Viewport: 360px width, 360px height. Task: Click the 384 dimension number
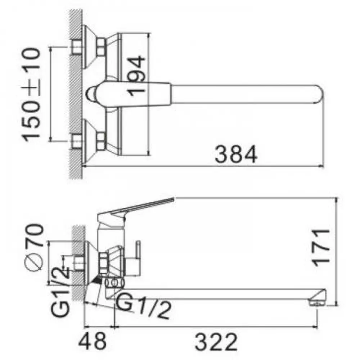236,154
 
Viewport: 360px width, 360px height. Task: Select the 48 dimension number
92,342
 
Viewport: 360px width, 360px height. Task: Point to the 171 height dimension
321,248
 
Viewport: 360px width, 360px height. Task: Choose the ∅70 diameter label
34,248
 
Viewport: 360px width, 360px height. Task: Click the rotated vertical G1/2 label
60,292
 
